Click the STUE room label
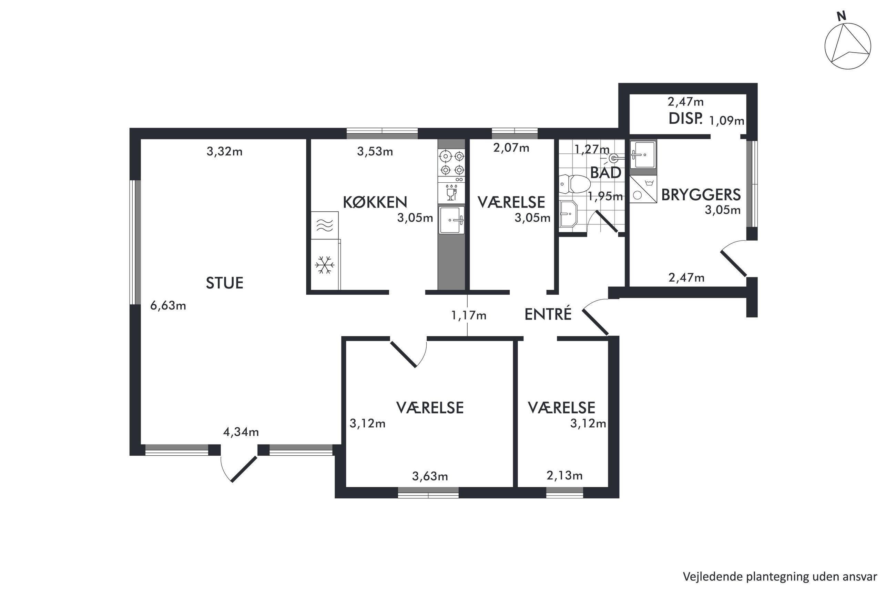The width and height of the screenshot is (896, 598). [x=225, y=283]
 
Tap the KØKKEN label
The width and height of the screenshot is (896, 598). [x=375, y=202]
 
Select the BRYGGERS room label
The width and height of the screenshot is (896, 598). [x=701, y=195]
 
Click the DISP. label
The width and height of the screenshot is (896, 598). [x=685, y=119]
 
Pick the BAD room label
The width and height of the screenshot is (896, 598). [x=605, y=173]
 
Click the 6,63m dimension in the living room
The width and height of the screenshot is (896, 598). [x=168, y=305]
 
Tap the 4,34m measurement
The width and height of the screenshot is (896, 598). [x=241, y=432]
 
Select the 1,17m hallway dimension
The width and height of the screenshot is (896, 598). [x=469, y=315]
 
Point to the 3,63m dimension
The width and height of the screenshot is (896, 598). [x=430, y=476]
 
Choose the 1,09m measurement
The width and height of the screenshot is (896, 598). [x=726, y=121]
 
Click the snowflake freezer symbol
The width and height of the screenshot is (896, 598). [x=325, y=265]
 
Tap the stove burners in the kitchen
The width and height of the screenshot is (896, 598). [x=452, y=163]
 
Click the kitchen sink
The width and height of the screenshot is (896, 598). [x=452, y=220]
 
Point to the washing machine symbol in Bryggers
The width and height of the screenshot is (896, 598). [x=643, y=189]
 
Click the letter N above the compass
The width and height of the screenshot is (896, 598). [x=842, y=16]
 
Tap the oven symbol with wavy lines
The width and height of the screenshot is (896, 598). [x=325, y=225]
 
